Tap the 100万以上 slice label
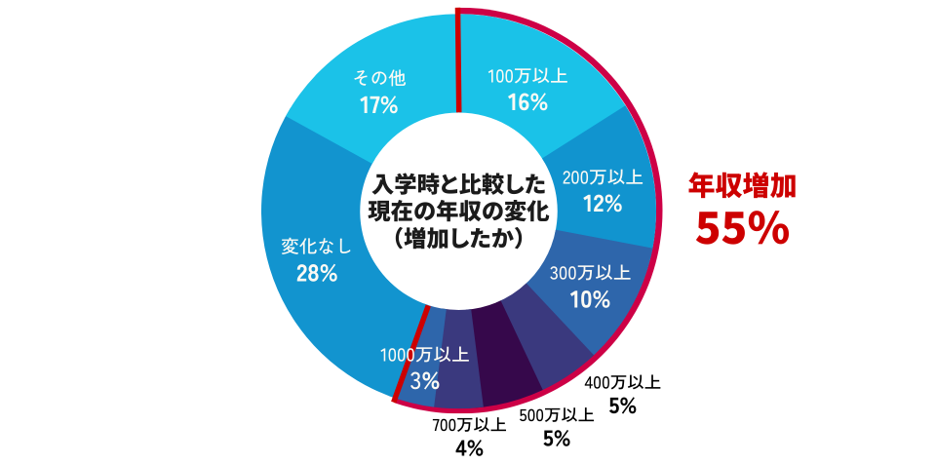[526, 74]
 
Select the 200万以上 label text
[603, 177]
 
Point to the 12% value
[603, 203]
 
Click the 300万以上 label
[590, 273]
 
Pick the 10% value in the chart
[590, 298]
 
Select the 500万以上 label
[556, 415]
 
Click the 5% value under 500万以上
[556, 439]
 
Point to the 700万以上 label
[469, 425]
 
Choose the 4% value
[469, 448]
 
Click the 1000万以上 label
[425, 354]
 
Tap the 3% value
[425, 380]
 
